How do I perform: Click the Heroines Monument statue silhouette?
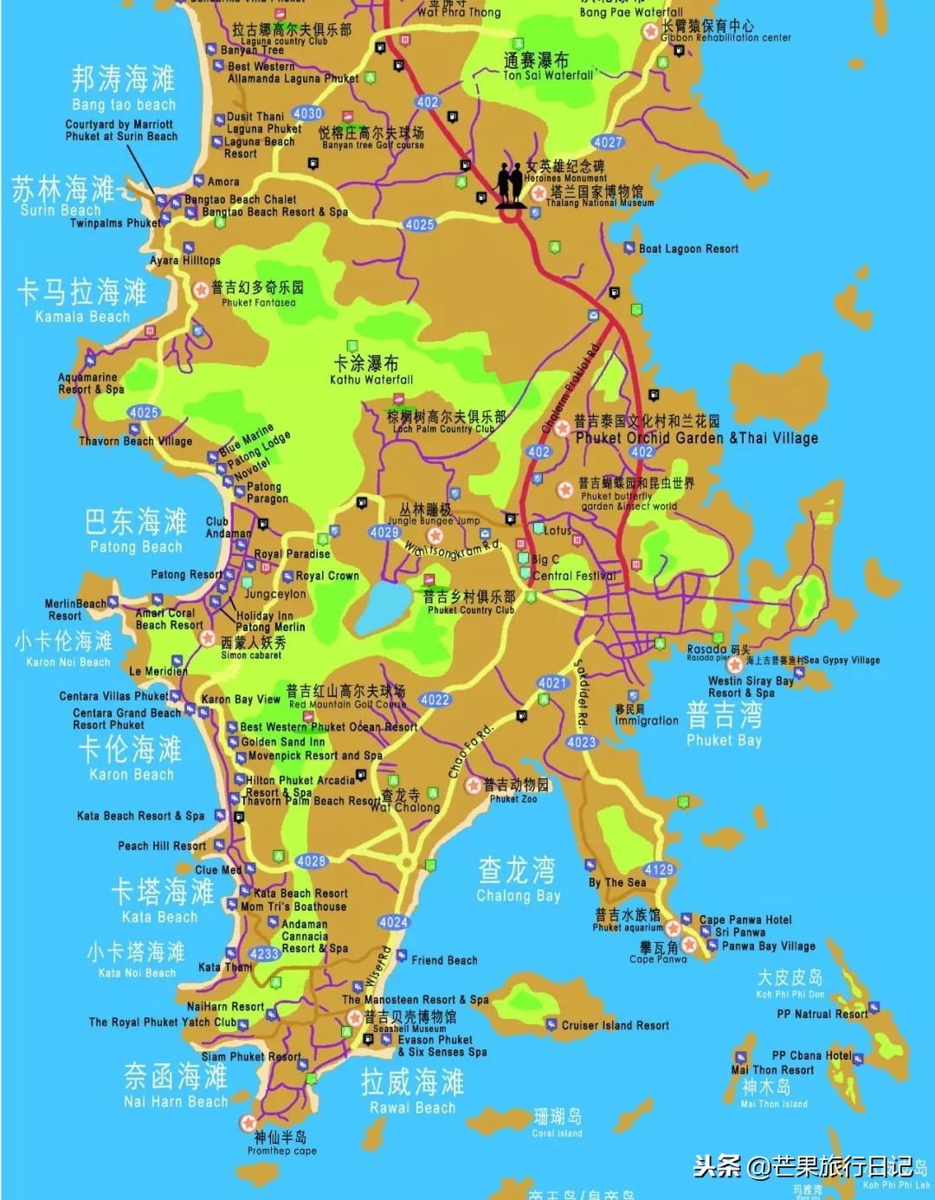(510, 184)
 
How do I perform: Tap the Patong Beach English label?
(136, 547)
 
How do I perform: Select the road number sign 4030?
(307, 113)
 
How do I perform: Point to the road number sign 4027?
(607, 142)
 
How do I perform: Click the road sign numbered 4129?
(658, 869)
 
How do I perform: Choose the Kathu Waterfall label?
(371, 379)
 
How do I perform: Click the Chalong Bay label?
(518, 895)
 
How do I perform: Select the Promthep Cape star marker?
(248, 1123)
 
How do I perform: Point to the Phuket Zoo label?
(513, 799)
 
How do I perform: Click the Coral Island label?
(557, 1132)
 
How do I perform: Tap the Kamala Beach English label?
(82, 317)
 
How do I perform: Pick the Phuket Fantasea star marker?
(201, 289)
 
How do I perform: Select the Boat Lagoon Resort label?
(688, 248)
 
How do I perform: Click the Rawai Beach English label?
(412, 1107)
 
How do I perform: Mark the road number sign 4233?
(264, 953)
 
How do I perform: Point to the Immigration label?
(647, 720)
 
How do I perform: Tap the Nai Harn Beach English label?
(176, 1101)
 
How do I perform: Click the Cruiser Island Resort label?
(615, 1025)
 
